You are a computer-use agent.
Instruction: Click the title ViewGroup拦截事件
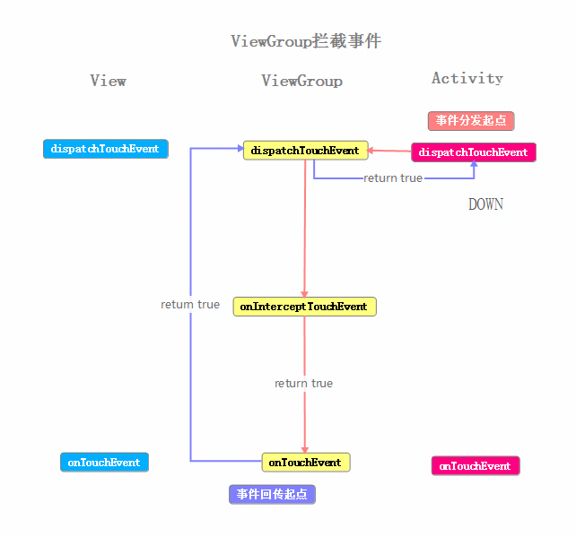click(x=305, y=41)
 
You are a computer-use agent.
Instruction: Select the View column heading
click(x=108, y=81)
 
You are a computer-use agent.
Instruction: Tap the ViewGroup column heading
click(x=301, y=81)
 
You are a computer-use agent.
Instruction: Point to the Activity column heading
click(x=467, y=78)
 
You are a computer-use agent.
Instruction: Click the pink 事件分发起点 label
click(x=471, y=120)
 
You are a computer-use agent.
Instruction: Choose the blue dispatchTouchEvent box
click(x=105, y=149)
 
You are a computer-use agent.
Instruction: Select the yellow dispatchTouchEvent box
click(x=305, y=151)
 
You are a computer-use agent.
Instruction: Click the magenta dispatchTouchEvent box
click(x=473, y=152)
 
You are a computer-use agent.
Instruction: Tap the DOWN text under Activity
click(x=485, y=204)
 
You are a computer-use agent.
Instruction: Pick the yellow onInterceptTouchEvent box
click(x=304, y=307)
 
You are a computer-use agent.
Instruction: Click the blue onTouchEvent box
click(x=104, y=463)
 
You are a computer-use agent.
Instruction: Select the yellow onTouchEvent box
click(x=305, y=463)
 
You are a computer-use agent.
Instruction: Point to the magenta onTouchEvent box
click(x=475, y=466)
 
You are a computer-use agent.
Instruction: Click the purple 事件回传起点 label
click(x=272, y=494)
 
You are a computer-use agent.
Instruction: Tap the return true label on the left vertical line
click(x=190, y=305)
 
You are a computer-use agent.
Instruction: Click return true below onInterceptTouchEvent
click(x=303, y=384)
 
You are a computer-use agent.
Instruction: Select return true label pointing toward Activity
click(x=393, y=178)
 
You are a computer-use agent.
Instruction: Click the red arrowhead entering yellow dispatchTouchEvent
click(x=369, y=151)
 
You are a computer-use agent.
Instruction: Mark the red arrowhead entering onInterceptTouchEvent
click(x=304, y=293)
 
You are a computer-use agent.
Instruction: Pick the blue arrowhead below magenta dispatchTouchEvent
click(x=474, y=166)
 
